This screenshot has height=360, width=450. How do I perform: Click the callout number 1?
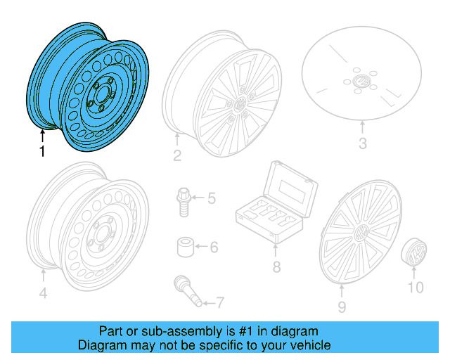pos(43,152)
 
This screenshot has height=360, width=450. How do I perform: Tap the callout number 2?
pos(177,155)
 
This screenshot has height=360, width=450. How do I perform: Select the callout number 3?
pos(362,146)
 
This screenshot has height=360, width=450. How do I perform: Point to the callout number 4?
pos(43,293)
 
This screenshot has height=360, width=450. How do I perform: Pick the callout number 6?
pos(214,247)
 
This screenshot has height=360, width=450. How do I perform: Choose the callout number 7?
pos(219,303)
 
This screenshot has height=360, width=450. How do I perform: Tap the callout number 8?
pos(276,267)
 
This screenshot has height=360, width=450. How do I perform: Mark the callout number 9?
pos(342,307)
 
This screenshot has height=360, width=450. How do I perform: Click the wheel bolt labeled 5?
pos(182,200)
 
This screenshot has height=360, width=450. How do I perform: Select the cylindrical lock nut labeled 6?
pos(184,247)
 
